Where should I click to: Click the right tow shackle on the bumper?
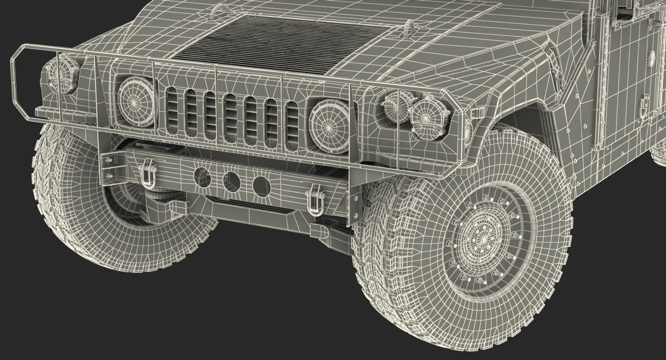315,201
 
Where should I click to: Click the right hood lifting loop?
410,28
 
